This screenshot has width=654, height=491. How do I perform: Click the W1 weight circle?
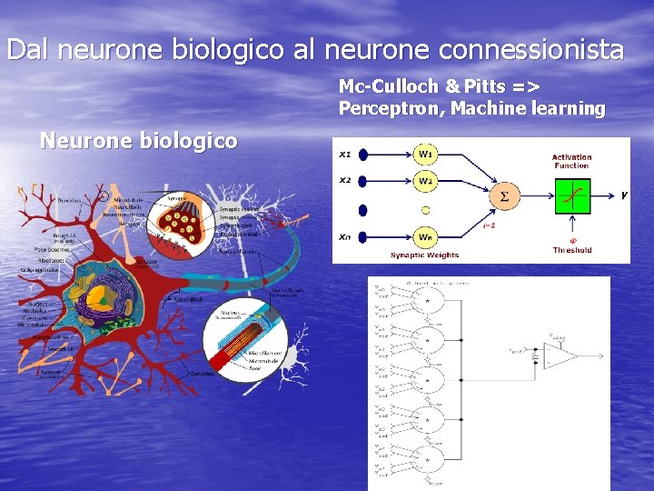425,153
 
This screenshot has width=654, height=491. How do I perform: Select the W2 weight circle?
425,181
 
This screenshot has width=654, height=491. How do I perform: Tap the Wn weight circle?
425,237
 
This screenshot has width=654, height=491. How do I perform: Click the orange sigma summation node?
504,195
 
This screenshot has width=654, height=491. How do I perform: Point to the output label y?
624,195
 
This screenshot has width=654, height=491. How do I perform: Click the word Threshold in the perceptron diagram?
572,250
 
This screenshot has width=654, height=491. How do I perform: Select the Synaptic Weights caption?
425,256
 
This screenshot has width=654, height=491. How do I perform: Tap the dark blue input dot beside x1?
363,154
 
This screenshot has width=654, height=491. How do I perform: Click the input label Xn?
345,236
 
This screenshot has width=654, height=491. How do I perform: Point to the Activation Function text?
571,161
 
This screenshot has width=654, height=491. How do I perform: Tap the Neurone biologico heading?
139,141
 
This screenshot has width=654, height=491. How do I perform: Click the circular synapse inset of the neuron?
188,220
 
